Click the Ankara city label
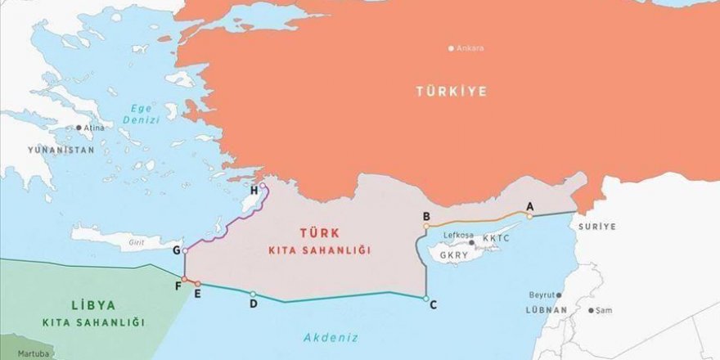pyautogui.click(x=470, y=48)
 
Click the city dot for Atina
pyautogui.click(x=79, y=128)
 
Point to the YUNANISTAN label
pyautogui.click(x=61, y=151)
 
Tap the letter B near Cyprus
pyautogui.click(x=426, y=216)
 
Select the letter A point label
pyautogui.click(x=529, y=206)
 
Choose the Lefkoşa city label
pyautogui.click(x=458, y=236)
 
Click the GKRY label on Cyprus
pyautogui.click(x=455, y=254)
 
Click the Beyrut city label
pyautogui.click(x=542, y=295)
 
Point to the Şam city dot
pyautogui.click(x=591, y=310)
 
